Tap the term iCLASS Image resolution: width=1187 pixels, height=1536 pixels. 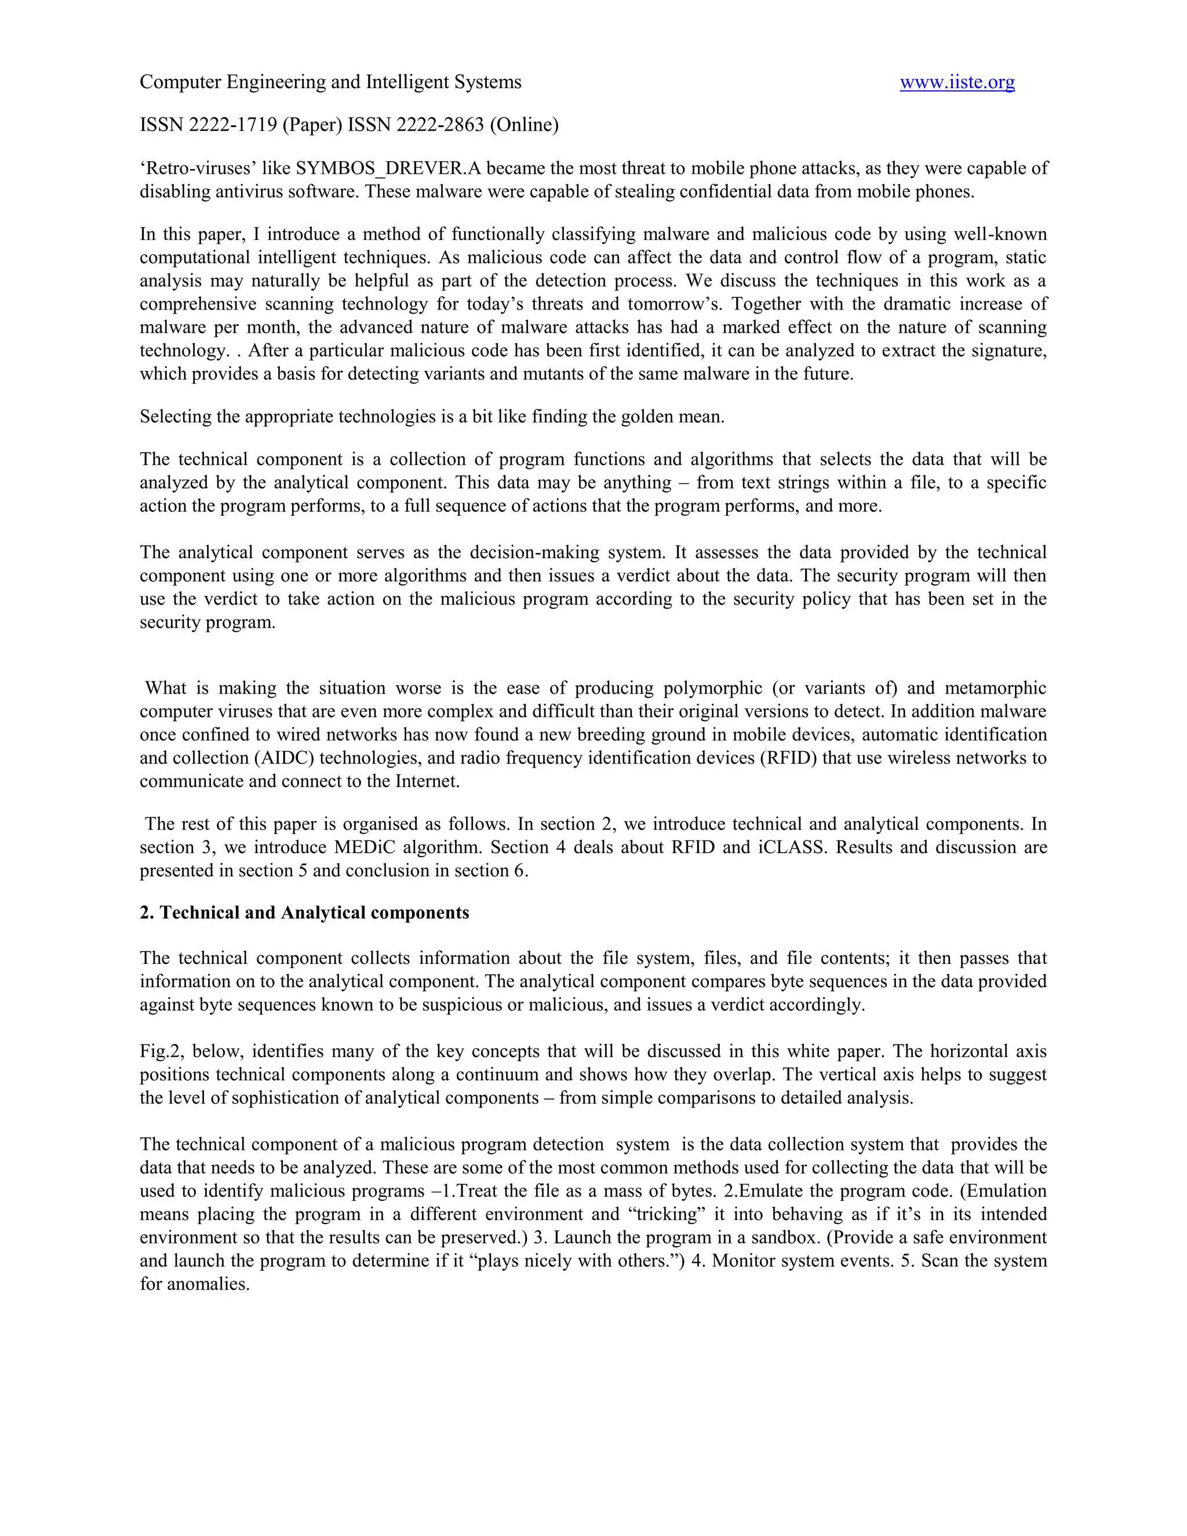791,847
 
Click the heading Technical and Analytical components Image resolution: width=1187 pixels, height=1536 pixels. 314,913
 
